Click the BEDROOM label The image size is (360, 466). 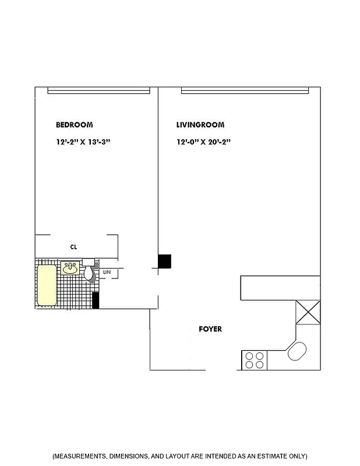coord(74,125)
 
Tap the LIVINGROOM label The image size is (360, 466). coord(200,125)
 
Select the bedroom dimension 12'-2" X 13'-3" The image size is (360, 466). coord(83,142)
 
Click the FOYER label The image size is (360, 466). coord(210,329)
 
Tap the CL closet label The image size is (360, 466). coord(74,247)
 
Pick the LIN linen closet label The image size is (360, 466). coord(107,272)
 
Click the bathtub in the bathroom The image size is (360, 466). coord(47,285)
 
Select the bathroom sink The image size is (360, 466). coord(70,268)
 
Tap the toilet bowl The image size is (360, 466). coord(90,273)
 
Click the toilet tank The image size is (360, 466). coord(89,262)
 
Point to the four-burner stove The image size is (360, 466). coord(253,360)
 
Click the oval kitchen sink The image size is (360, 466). coord(297,352)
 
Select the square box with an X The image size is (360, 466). coord(308,312)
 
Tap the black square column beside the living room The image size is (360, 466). coord(164,262)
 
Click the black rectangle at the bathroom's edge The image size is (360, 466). coord(96,300)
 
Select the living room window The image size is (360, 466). coord(245,90)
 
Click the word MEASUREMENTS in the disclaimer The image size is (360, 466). coord(80,456)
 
